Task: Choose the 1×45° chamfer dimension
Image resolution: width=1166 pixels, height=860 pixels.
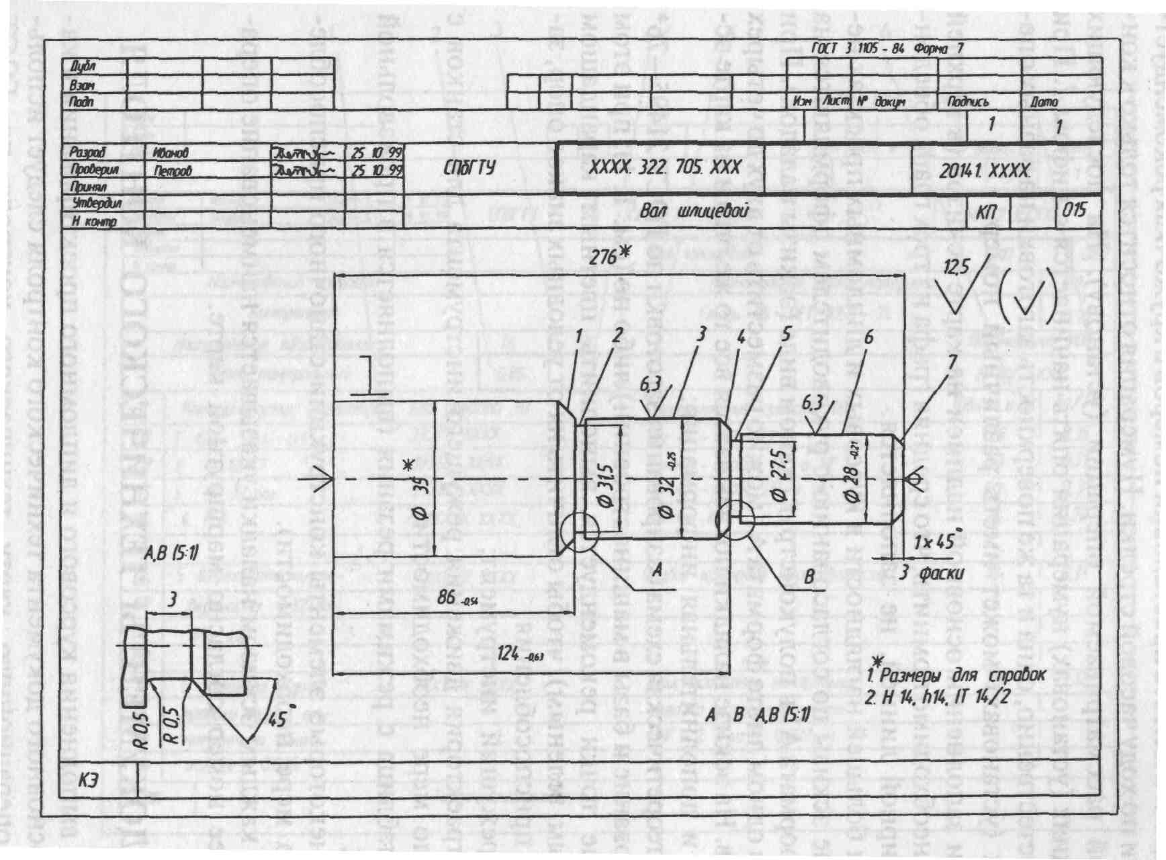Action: coord(936,542)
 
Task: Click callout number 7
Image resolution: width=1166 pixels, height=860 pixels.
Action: coord(952,361)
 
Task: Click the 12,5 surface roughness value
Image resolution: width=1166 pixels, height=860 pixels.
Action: coord(956,268)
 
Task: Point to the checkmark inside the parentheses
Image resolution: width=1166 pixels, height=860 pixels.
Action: coord(1028,298)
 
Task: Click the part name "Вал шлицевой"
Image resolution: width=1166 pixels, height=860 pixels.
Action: coord(693,212)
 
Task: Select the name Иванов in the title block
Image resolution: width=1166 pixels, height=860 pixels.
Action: coord(171,153)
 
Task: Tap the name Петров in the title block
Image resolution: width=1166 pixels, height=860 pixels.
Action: coord(173,171)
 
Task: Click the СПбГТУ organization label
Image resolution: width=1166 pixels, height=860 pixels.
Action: coord(469,168)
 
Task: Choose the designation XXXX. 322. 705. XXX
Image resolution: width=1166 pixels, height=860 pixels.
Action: coord(664,167)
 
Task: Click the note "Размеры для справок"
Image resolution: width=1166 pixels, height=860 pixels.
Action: coord(962,675)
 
